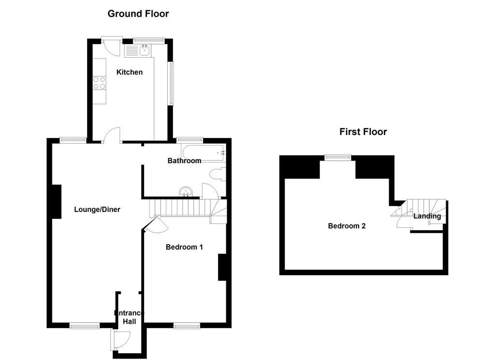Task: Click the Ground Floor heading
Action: (138, 14)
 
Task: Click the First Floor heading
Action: (363, 132)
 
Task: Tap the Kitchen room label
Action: (130, 72)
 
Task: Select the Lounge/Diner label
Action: (97, 210)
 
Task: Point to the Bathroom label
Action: (184, 161)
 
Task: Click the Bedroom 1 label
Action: (184, 247)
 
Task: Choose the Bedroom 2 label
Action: (347, 226)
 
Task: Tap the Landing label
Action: (427, 216)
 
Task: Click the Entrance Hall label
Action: (129, 317)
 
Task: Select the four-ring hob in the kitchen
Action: (99, 83)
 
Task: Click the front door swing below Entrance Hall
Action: (121, 339)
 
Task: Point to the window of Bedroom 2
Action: (338, 156)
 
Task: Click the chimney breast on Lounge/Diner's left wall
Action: (57, 201)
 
